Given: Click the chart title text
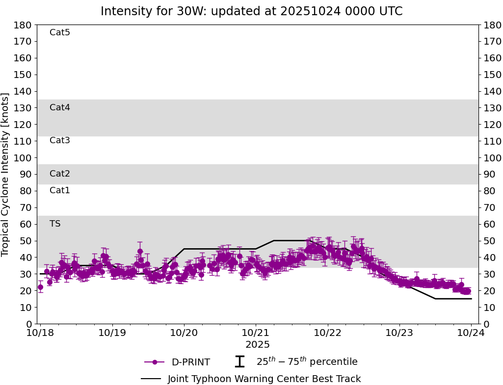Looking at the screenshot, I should click(251, 11).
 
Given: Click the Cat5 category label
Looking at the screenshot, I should click(60, 33).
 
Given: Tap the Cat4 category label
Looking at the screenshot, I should click(60, 107).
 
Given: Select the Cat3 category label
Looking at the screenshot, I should click(60, 141).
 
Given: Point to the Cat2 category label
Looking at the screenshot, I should click(60, 174).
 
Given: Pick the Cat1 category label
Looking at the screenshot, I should click(60, 190).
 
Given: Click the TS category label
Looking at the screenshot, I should click(55, 224).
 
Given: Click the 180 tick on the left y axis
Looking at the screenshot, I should click(23, 25).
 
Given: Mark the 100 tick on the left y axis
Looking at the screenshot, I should click(23, 158).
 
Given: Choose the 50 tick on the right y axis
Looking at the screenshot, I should click(489, 241).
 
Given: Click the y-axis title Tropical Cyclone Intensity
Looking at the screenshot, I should click(6, 174).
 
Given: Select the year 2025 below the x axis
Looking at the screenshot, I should click(258, 345).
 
